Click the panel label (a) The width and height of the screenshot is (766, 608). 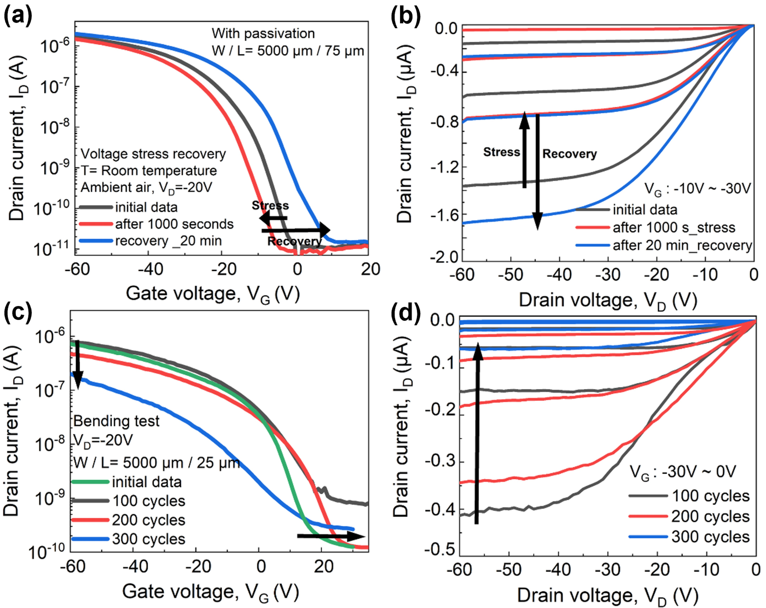(x=18, y=16)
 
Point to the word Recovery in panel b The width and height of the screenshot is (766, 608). (x=569, y=154)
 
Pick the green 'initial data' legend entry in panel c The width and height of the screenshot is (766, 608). (x=146, y=482)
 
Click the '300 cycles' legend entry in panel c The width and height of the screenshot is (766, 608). (x=149, y=539)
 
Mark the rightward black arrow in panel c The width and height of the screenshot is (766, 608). (x=330, y=536)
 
